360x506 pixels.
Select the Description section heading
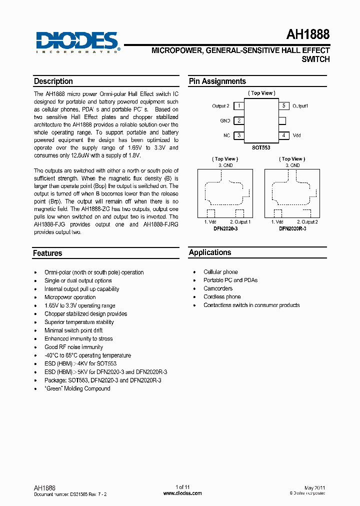(x=53, y=81)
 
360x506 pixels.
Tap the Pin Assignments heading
(x=217, y=81)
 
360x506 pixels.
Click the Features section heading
(x=47, y=253)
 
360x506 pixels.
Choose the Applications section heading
(x=210, y=252)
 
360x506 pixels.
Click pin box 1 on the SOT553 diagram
(x=239, y=105)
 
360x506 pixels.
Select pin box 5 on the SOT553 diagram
(x=283, y=105)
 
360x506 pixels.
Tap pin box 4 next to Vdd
(x=283, y=135)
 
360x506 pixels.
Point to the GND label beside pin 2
(x=225, y=120)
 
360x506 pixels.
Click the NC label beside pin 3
(x=226, y=135)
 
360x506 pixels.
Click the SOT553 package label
(x=261, y=148)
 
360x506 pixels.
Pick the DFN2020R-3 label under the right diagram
(x=292, y=228)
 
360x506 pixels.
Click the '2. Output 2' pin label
(x=307, y=221)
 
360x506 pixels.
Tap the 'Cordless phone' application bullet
(x=222, y=296)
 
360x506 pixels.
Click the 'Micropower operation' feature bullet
(x=70, y=297)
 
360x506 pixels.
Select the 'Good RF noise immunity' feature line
(x=73, y=347)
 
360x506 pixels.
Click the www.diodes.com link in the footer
(x=182, y=493)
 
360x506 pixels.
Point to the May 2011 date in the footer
(x=314, y=487)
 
